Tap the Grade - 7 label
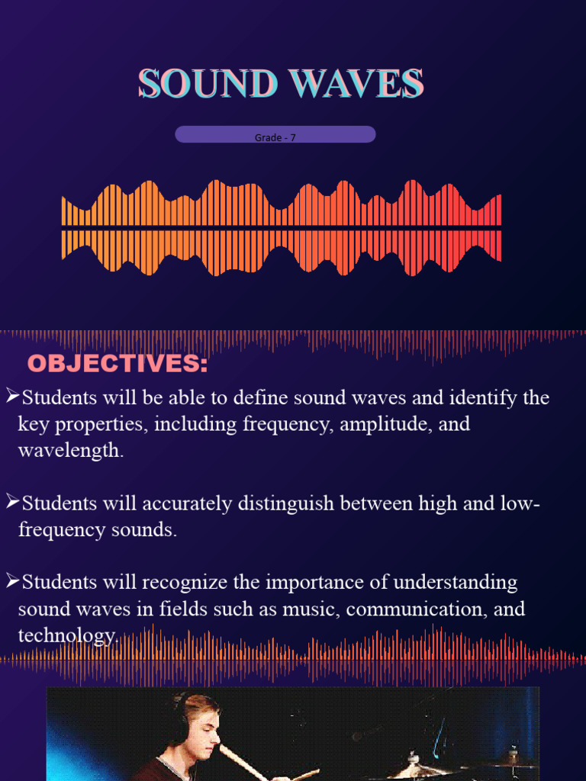[x=275, y=138]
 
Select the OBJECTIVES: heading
[x=118, y=364]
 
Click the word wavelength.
[x=69, y=451]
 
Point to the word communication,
[x=419, y=610]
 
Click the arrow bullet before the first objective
[x=12, y=395]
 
